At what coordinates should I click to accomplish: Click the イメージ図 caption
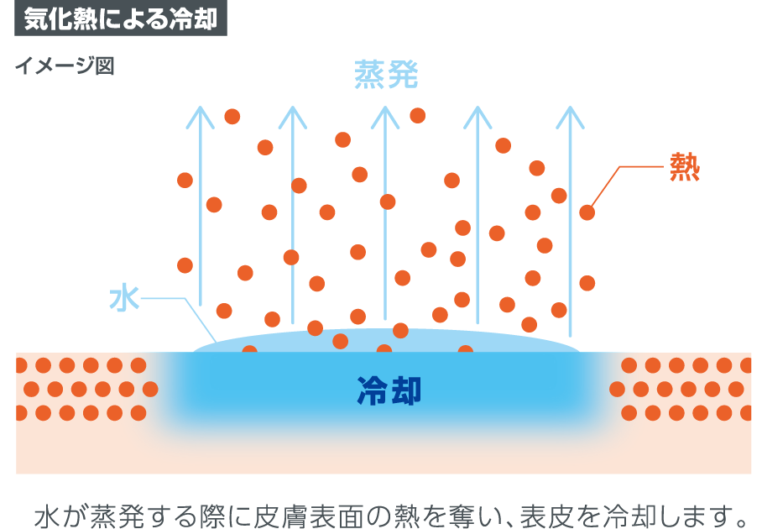[65, 66]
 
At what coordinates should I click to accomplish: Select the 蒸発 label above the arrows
[385, 76]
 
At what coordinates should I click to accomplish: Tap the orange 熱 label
[684, 169]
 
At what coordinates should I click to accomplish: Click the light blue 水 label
[123, 298]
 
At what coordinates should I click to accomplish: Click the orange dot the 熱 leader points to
[587, 212]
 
